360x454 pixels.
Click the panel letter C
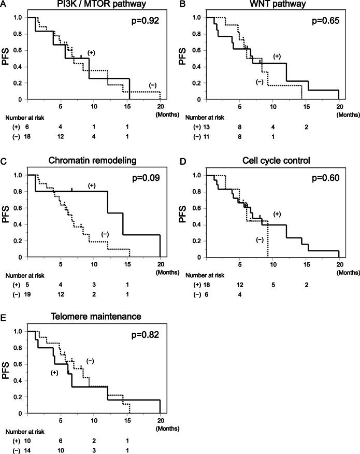[4, 161]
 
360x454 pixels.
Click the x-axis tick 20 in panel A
[160, 107]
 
